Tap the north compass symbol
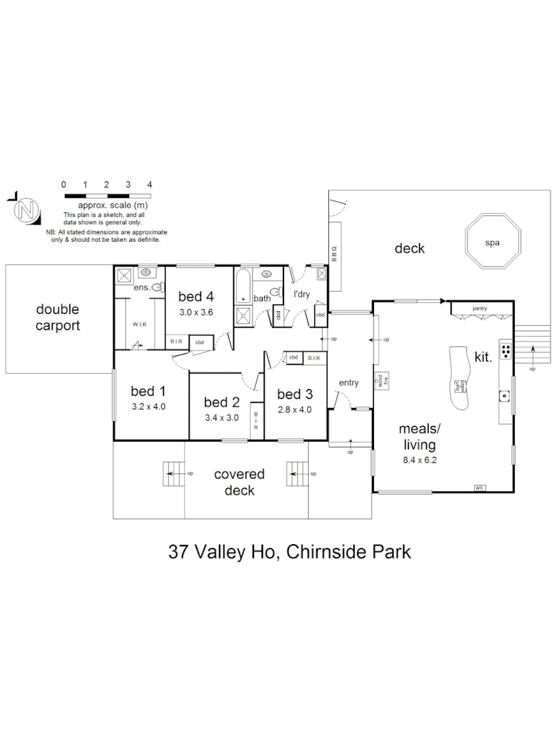point(27,209)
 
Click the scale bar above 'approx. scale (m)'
point(106,196)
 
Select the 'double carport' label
point(58,318)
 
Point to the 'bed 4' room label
point(196,297)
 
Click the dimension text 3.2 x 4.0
point(149,406)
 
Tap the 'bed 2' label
point(222,402)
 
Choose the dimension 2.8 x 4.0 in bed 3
point(294,409)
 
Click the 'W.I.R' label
point(141,324)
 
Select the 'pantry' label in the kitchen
point(479,308)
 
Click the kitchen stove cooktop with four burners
point(506,351)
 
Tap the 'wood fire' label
point(381,380)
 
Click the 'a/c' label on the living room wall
point(480,488)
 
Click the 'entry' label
point(349,383)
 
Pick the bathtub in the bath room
point(244,287)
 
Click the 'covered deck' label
point(239,482)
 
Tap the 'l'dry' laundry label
point(303,294)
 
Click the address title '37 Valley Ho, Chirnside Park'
point(290,552)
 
